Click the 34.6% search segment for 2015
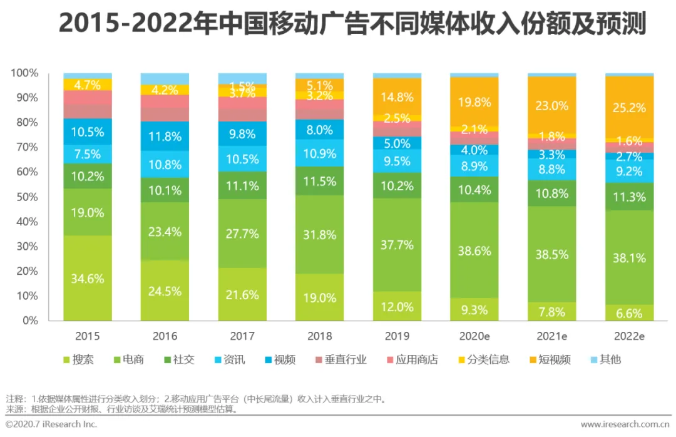point(88,279)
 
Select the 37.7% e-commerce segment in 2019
point(397,245)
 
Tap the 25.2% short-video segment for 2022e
point(629,107)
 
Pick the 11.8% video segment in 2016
point(165,136)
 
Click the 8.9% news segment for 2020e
point(474,166)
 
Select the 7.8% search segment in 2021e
point(552,312)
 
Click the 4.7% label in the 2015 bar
point(88,85)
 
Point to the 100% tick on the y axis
point(25,73)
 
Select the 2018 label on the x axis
point(320,336)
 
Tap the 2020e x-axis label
point(474,336)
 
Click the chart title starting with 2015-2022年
point(351,24)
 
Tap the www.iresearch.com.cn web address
point(625,424)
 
